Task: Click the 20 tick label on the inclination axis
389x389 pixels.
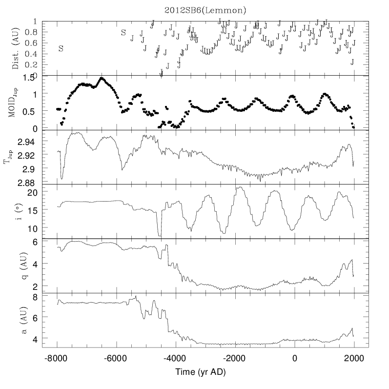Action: tap(45, 193)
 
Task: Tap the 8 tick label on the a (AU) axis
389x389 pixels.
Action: tap(48, 296)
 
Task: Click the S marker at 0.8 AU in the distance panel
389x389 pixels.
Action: tap(123, 33)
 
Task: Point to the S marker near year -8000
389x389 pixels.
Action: tap(61, 48)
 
